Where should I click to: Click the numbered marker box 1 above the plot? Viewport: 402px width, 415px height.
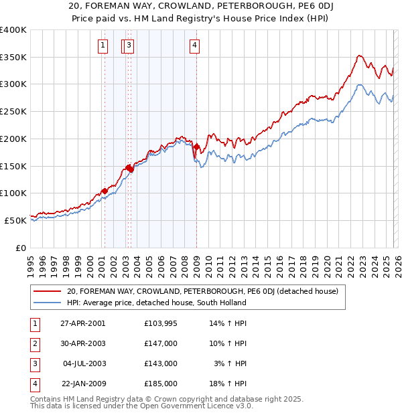tap(103, 46)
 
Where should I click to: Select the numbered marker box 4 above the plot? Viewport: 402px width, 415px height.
tap(194, 46)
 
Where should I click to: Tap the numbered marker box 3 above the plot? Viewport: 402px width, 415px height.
tap(129, 46)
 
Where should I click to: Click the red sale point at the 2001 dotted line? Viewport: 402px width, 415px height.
tap(105, 191)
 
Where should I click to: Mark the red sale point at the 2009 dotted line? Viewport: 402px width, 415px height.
tap(196, 147)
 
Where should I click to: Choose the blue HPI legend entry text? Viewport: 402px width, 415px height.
tap(157, 303)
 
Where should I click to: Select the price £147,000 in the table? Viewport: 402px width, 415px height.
tap(161, 343)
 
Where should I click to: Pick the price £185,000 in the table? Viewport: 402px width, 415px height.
tap(161, 384)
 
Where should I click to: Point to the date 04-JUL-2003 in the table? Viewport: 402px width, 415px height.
tap(84, 363)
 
